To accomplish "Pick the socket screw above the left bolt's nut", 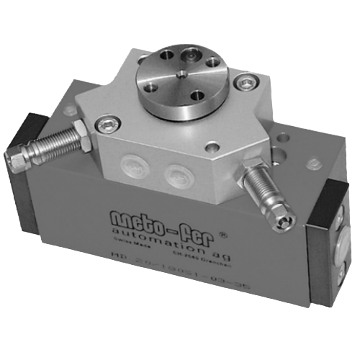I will click(x=106, y=125).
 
